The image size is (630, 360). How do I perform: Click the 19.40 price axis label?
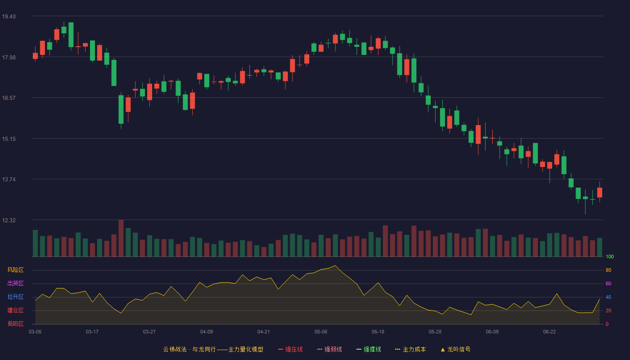pos(9,17)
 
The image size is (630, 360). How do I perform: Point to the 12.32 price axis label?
pos(9,220)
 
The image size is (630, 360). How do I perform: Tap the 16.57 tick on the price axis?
pos(9,98)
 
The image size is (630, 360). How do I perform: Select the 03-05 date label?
pos(35,332)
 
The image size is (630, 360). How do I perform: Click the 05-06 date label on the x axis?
pos(321,332)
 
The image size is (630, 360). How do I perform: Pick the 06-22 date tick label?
pos(549,332)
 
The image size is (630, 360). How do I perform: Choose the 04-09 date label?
pos(207,332)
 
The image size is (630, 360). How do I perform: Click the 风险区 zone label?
pos(15,270)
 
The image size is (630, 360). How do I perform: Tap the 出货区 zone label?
pos(15,283)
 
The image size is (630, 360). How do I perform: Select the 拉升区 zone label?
pos(15,297)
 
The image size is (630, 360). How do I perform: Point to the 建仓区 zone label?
pos(15,310)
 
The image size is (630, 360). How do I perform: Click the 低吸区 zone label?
pos(15,324)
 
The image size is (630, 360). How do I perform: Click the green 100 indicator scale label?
pos(610,256)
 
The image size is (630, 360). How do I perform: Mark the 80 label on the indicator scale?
pos(608,270)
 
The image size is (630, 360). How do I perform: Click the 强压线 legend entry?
pos(290,349)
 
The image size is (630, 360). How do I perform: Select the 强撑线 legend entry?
pos(369,349)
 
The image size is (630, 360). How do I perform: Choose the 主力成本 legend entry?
pos(410,349)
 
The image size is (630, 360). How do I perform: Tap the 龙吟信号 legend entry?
pos(455,349)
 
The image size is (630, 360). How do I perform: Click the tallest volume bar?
pos(121,238)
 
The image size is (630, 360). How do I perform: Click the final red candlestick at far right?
pos(599,193)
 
